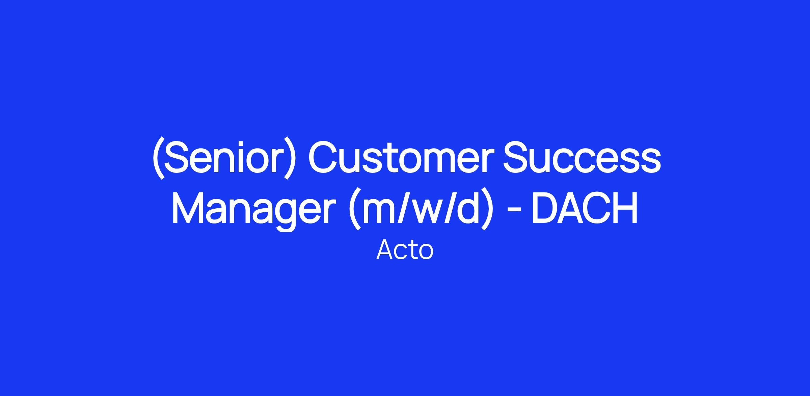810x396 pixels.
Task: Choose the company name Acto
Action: point(405,250)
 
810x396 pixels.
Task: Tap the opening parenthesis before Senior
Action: point(158,157)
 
